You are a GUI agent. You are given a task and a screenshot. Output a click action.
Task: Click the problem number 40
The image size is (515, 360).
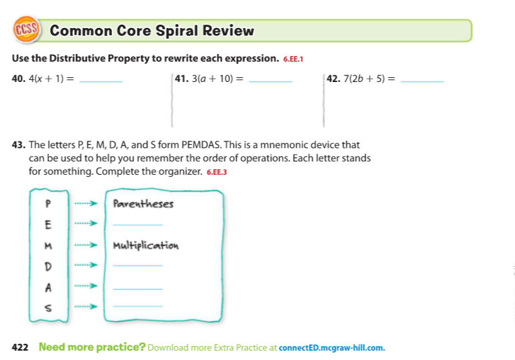tap(18, 78)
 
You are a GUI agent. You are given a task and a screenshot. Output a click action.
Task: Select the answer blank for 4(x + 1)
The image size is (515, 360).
tap(101, 81)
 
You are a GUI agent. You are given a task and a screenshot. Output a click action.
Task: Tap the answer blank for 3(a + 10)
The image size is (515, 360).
tap(270, 81)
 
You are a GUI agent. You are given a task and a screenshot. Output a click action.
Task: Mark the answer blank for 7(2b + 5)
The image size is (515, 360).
tap(424, 81)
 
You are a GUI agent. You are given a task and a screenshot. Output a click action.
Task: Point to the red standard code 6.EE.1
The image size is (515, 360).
tap(294, 59)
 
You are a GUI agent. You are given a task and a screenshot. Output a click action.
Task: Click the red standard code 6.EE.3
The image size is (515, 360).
tap(217, 172)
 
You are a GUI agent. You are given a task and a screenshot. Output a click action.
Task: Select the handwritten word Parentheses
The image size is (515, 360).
tap(143, 203)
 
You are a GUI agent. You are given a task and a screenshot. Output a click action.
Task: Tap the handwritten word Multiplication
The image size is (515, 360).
tap(146, 245)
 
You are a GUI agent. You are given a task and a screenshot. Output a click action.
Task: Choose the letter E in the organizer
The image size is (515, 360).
tap(47, 224)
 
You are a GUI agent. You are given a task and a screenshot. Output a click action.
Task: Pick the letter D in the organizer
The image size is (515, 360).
tap(47, 265)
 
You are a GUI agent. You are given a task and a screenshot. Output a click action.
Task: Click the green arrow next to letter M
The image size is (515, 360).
tap(85, 245)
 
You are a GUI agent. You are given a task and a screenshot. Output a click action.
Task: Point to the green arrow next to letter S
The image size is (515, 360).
tap(85, 307)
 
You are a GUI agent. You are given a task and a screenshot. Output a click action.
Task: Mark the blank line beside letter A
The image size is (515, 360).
tap(138, 289)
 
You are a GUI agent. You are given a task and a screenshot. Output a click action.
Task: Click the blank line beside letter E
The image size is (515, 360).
tap(138, 226)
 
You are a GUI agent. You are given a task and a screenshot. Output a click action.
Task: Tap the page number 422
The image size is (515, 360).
tap(21, 347)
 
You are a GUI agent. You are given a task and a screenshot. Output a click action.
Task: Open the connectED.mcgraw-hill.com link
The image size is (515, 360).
tap(332, 347)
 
